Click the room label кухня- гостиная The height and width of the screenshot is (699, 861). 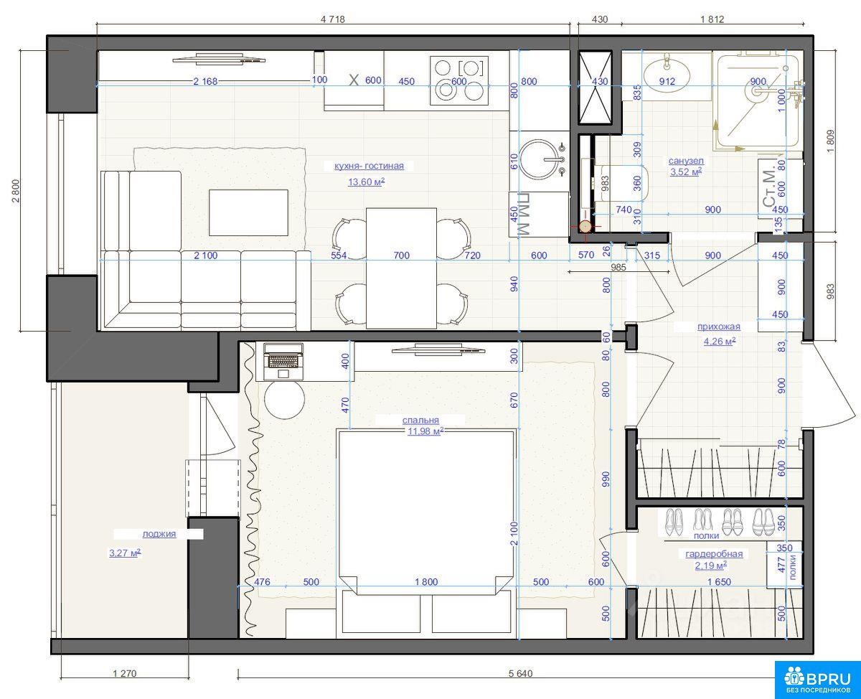(x=369, y=166)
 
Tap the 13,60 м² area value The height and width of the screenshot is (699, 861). (x=366, y=182)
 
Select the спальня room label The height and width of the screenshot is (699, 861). (x=420, y=421)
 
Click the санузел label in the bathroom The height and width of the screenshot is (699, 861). (x=686, y=161)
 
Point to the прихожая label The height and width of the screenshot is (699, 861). (x=719, y=327)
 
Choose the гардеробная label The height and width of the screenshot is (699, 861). (x=714, y=554)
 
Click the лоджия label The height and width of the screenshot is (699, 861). (x=159, y=534)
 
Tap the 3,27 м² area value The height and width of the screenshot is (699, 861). (x=125, y=553)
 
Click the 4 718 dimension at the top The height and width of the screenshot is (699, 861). (x=333, y=19)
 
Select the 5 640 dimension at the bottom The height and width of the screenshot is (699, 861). (x=520, y=673)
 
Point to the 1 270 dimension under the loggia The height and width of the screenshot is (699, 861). (x=125, y=673)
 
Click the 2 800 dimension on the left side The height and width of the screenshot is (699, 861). (x=15, y=191)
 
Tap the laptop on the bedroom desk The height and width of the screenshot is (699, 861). (x=283, y=361)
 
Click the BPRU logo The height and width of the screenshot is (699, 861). (x=818, y=680)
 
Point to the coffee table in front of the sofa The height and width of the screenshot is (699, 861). (x=248, y=212)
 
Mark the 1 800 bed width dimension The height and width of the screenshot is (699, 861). (x=426, y=582)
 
